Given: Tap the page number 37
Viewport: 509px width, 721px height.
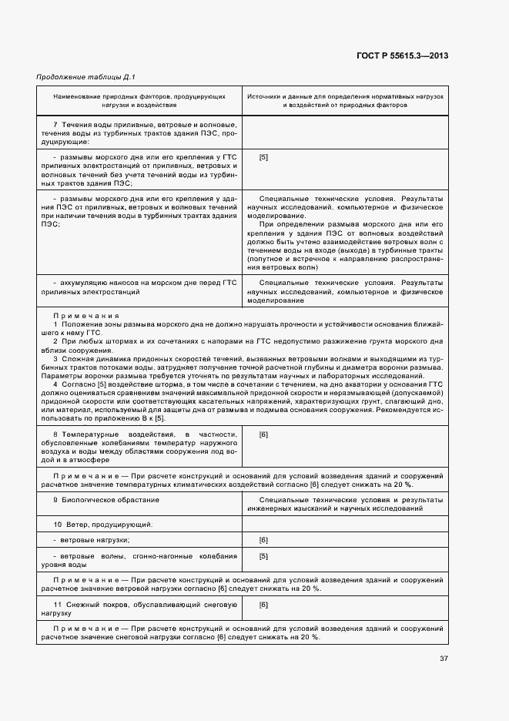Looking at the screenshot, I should [x=444, y=658].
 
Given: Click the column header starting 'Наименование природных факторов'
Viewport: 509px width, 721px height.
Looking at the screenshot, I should [x=139, y=100].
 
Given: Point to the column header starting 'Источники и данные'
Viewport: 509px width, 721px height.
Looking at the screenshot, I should [x=344, y=100].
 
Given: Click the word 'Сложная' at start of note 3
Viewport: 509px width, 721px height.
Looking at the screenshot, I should [x=77, y=359].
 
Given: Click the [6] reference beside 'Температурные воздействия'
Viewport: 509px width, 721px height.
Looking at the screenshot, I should [x=263, y=435].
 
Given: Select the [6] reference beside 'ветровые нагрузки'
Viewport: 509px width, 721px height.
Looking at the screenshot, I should [x=263, y=540].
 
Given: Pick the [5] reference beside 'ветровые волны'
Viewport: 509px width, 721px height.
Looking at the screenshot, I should [x=263, y=555].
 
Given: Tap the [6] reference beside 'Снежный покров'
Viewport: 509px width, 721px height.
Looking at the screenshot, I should [x=263, y=605].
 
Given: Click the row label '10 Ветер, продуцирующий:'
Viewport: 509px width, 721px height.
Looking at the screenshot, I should [x=102, y=524].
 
